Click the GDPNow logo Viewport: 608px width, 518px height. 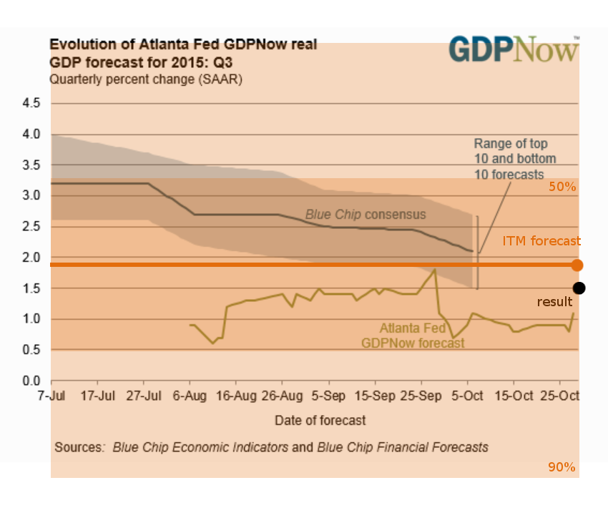514,49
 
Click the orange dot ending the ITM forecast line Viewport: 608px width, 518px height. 577,265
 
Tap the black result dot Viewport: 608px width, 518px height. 579,288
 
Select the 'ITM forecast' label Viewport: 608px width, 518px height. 541,242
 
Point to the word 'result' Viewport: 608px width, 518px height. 554,303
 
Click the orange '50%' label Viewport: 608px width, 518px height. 562,187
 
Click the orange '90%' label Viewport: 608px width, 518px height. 562,467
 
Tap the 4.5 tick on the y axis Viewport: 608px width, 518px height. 31,104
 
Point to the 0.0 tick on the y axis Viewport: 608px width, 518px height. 31,381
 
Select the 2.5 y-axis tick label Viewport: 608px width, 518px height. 31,227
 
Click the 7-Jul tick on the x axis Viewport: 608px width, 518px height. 51,396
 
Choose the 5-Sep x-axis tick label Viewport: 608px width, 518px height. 328,396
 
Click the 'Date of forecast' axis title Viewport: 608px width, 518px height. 320,420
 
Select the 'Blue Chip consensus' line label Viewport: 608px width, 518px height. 366,214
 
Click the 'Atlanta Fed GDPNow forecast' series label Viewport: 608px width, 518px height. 413,336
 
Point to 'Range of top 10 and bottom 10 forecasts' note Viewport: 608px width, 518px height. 514,159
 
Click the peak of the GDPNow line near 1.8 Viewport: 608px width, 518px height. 434,270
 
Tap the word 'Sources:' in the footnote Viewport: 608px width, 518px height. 79,447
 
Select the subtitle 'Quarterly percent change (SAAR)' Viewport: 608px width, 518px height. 146,79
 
